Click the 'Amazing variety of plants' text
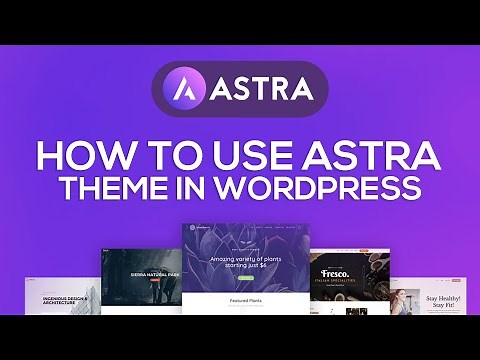pos(239,260)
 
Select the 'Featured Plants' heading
pos(239,299)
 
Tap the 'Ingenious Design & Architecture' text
pos(65,299)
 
